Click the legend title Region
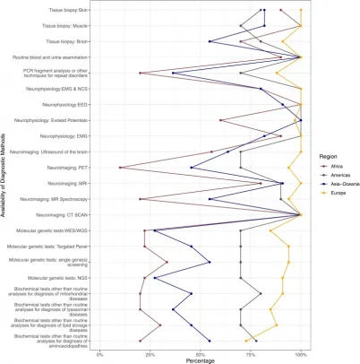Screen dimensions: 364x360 [x=322, y=157]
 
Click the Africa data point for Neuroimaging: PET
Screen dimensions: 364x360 [x=120, y=168]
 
